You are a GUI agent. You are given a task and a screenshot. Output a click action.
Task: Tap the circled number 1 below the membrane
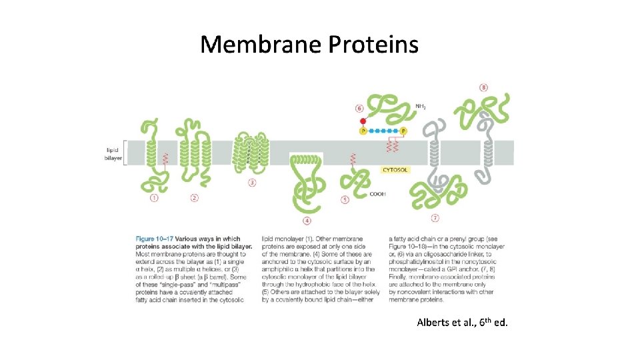(x=154, y=197)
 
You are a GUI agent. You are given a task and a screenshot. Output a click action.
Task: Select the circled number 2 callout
(x=194, y=197)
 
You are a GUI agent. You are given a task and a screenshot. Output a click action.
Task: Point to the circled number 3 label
(x=251, y=183)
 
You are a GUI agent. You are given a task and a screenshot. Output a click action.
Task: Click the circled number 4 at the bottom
(x=307, y=220)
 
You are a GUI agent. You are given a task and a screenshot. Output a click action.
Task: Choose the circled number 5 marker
(x=345, y=199)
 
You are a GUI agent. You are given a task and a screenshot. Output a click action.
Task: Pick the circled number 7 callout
(x=435, y=217)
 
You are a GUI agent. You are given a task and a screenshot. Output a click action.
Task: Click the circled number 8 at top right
(x=483, y=87)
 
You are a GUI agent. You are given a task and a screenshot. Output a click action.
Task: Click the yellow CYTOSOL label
(x=395, y=170)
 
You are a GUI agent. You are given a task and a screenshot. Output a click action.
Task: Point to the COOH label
(x=377, y=195)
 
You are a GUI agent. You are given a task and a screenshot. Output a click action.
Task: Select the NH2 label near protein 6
(x=421, y=106)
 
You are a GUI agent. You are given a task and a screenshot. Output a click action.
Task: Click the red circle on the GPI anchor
(x=363, y=121)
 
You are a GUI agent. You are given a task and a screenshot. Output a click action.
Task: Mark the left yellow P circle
(x=363, y=131)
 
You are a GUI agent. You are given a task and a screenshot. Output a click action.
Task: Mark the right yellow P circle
(x=403, y=131)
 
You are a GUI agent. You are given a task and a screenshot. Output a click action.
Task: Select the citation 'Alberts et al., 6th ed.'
(x=462, y=323)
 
